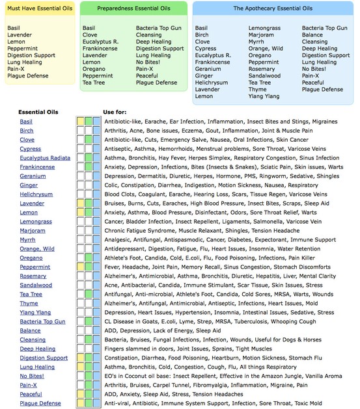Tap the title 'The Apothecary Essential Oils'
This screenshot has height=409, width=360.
pyautogui.click(x=272, y=8)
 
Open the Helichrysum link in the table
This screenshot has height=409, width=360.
pyautogui.click(x=36, y=194)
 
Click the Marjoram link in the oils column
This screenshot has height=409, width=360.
pyautogui.click(x=33, y=231)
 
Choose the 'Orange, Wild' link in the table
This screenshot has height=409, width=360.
pyautogui.click(x=37, y=249)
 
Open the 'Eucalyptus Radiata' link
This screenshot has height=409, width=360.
pyautogui.click(x=45, y=158)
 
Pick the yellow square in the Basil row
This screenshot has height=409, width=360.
pyautogui.click(x=80, y=122)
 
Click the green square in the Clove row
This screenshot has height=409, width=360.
pyautogui.click(x=88, y=140)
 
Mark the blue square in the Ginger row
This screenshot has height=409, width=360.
pyautogui.click(x=96, y=185)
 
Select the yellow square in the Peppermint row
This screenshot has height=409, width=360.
pyautogui.click(x=80, y=267)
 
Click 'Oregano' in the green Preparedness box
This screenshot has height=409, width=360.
pyautogui.click(x=94, y=69)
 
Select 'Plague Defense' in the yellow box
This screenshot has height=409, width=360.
pyautogui.click(x=29, y=76)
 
